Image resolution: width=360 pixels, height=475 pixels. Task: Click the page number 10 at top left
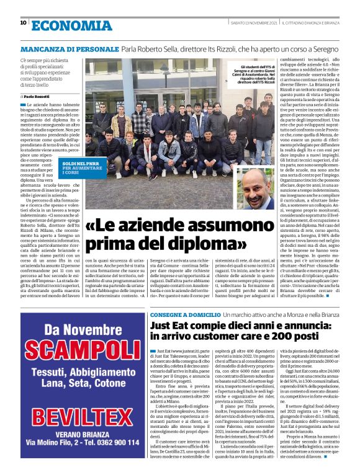pyautogui.click(x=23, y=23)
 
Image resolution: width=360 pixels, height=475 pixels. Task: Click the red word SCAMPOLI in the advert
pyautogui.click(x=74, y=348)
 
